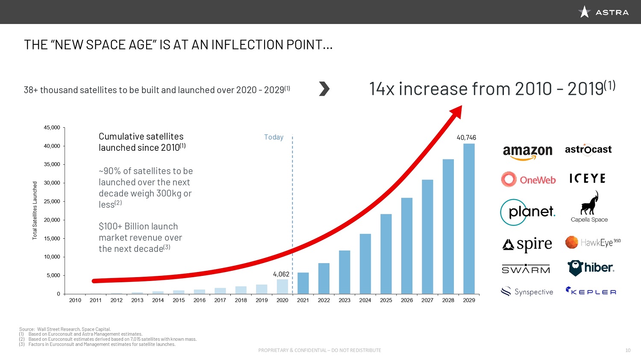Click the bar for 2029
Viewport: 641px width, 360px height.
click(x=469, y=219)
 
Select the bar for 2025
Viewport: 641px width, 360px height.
click(x=386, y=254)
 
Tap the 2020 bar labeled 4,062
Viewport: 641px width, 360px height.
click(x=282, y=287)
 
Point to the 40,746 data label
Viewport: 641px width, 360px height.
click(x=466, y=138)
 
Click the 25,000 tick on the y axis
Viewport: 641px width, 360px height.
click(x=52, y=202)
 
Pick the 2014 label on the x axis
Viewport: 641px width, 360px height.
click(x=158, y=300)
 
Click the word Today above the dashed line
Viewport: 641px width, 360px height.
click(x=273, y=137)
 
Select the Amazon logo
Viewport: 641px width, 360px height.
click(x=527, y=152)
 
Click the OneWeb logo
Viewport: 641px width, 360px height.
click(x=529, y=179)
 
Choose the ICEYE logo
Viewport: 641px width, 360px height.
click(x=588, y=179)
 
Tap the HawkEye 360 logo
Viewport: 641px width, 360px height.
click(x=592, y=243)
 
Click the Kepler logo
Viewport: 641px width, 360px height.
click(x=591, y=292)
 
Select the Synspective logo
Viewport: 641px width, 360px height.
click(x=527, y=292)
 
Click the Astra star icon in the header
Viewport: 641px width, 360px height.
click(x=584, y=12)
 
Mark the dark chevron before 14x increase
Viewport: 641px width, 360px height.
click(x=324, y=89)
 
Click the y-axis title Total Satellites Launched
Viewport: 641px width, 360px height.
click(x=35, y=210)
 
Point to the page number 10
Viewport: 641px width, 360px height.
click(x=628, y=350)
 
